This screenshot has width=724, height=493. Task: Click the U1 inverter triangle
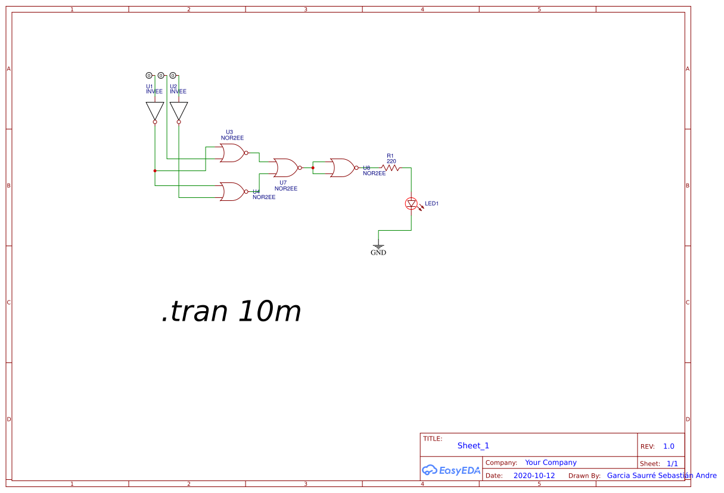(155, 110)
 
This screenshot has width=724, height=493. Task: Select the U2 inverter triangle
(179, 110)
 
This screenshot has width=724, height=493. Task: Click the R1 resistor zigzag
(391, 168)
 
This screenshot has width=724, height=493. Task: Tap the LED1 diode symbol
(411, 204)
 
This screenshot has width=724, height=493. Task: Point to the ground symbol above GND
(378, 244)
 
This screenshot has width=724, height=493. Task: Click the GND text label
(378, 253)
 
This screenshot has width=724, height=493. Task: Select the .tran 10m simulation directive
(231, 311)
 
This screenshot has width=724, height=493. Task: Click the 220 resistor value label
(391, 161)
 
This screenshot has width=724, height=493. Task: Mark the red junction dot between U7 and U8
(313, 168)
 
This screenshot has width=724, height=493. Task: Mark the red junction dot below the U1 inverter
(155, 170)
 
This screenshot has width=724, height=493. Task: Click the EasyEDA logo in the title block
(450, 470)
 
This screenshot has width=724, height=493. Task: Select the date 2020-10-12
(533, 476)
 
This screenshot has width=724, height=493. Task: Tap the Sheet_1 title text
(473, 445)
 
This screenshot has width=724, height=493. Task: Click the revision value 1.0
(669, 447)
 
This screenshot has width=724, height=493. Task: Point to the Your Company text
(551, 463)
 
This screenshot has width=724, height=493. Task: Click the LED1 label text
(431, 204)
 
